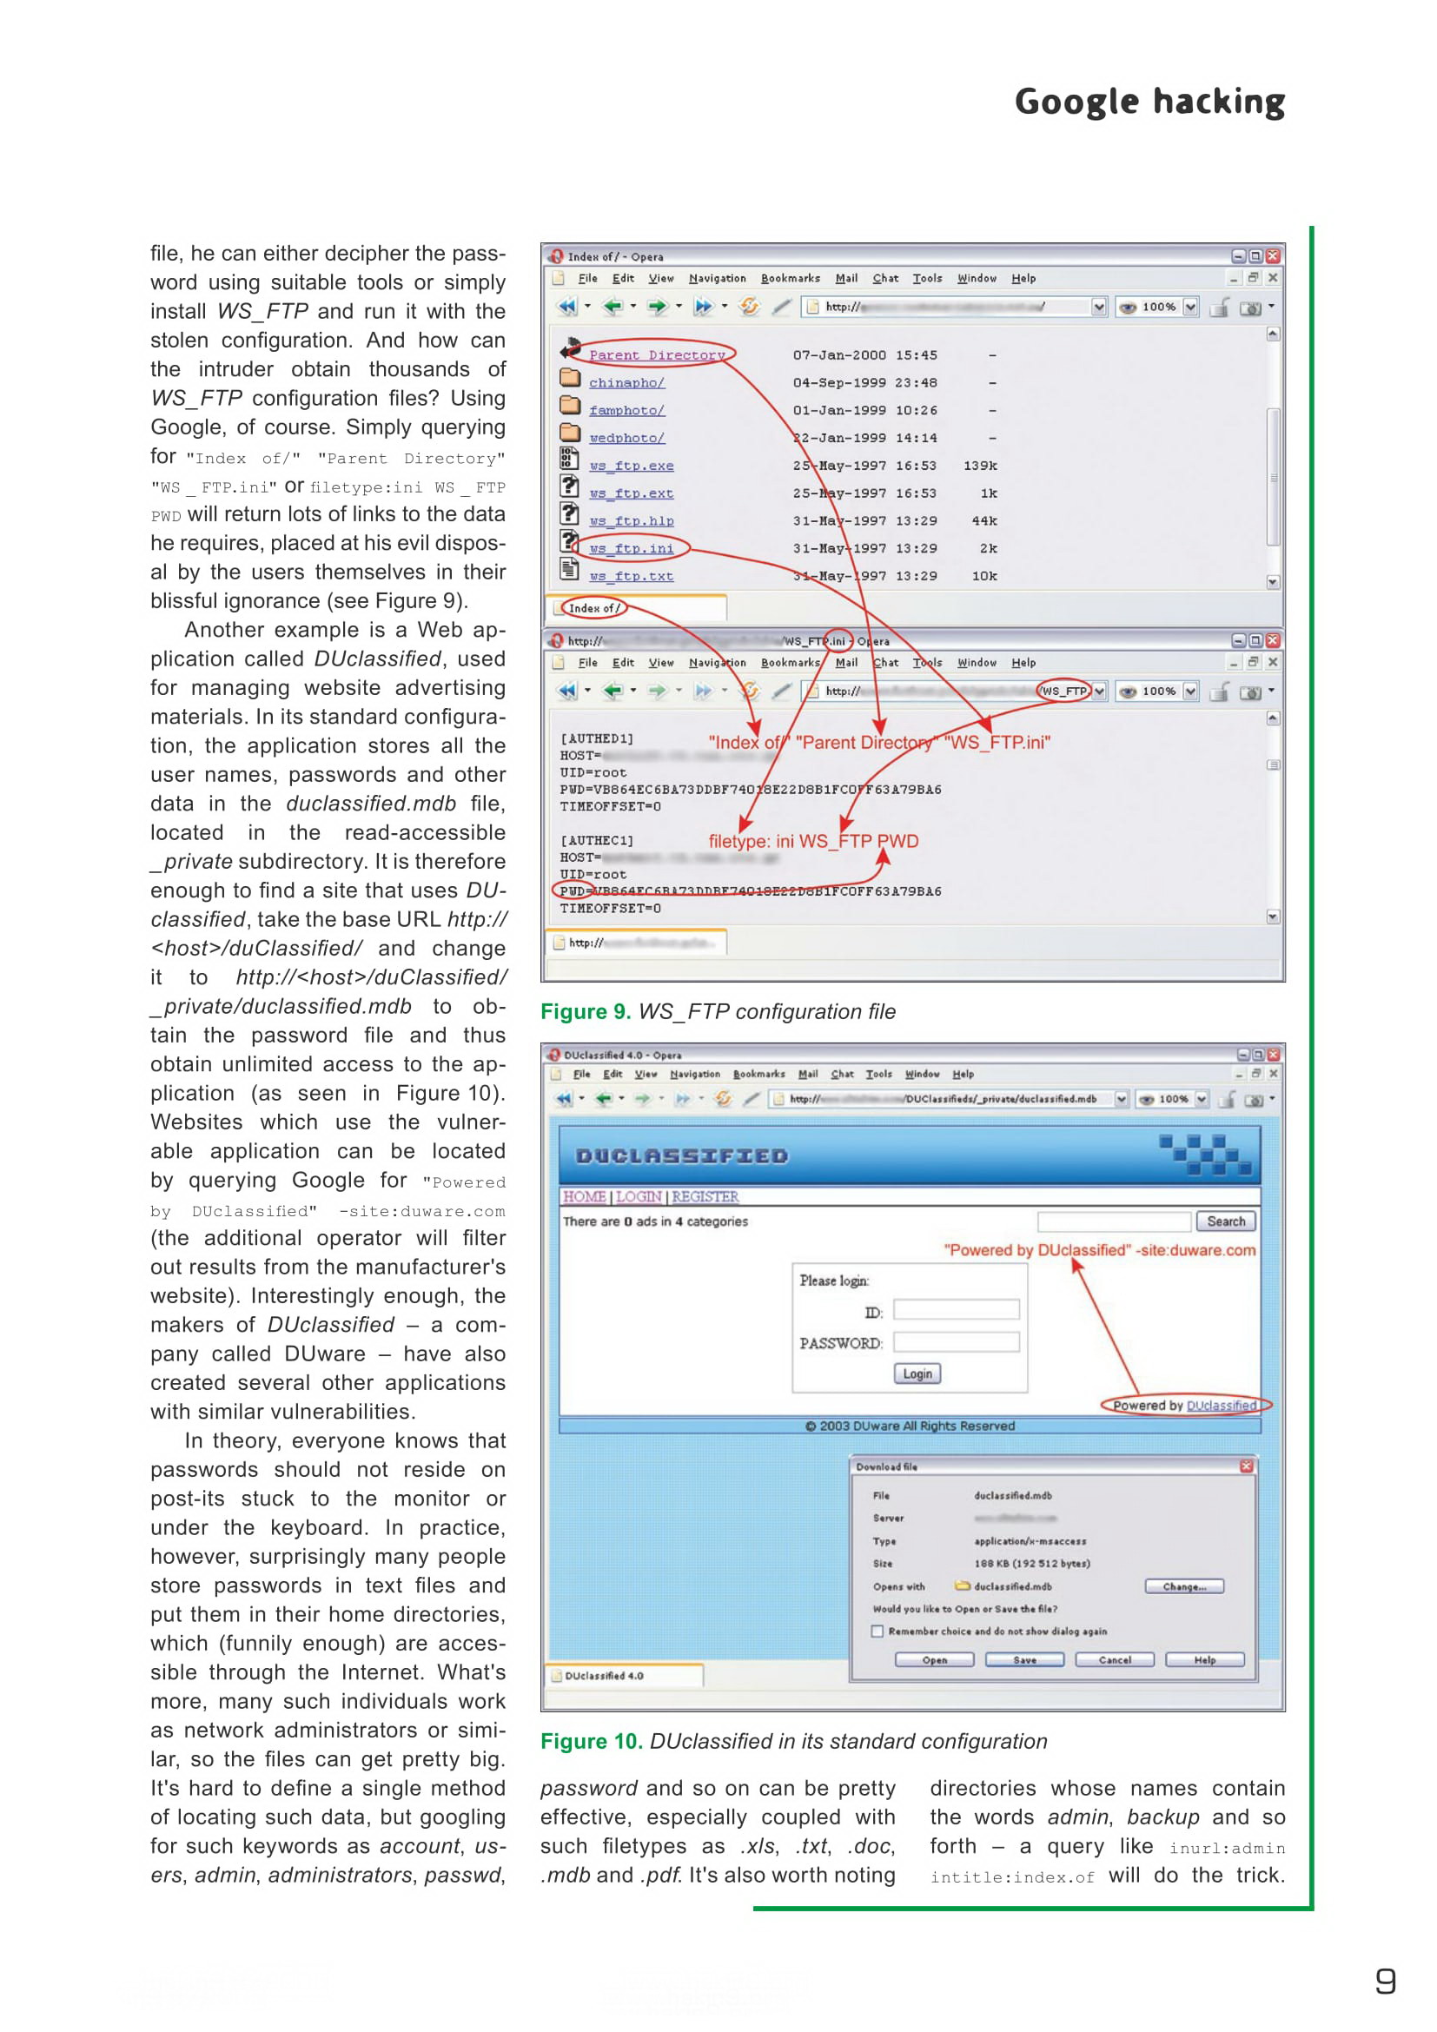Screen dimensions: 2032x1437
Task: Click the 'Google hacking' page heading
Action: coord(1149,102)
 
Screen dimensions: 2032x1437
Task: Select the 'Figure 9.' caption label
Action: coord(585,1011)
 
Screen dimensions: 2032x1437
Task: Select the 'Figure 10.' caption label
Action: coord(591,1741)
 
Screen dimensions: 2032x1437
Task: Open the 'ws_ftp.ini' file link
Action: coord(631,549)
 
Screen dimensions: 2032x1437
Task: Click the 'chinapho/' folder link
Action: coord(626,382)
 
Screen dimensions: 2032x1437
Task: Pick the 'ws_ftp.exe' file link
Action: coord(631,466)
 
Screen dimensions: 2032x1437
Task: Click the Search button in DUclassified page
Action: coord(1225,1221)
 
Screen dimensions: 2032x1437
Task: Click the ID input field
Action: coord(956,1310)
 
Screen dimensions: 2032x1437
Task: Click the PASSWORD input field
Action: coord(956,1342)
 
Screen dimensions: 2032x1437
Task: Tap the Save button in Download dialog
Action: coord(1023,1659)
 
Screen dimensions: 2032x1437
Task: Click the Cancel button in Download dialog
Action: coord(1114,1659)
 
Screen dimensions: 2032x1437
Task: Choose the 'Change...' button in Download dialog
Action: coord(1184,1586)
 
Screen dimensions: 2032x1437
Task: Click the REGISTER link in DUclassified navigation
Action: coord(705,1196)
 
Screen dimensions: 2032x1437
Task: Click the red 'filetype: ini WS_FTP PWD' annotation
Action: coord(813,841)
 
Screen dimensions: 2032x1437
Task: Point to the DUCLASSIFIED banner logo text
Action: coord(681,1155)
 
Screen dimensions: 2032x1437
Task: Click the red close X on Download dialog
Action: coord(1246,1466)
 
